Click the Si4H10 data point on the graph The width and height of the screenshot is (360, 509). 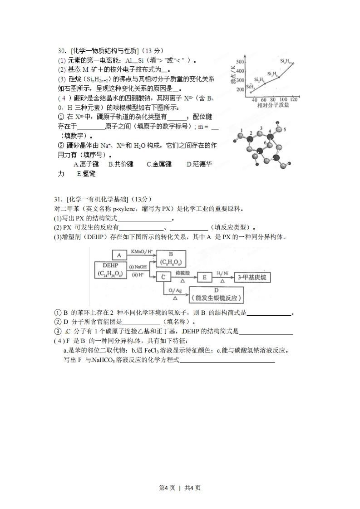(293, 64)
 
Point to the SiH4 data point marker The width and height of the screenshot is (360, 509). (251, 92)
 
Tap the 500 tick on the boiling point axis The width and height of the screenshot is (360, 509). (240, 62)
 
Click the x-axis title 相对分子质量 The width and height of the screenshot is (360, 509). (271, 105)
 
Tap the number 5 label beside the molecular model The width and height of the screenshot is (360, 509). (284, 129)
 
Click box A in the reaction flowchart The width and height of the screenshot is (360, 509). (119, 255)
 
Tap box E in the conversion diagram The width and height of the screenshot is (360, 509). (205, 277)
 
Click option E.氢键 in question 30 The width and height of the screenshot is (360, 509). (86, 173)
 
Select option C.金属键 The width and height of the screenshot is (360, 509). (159, 164)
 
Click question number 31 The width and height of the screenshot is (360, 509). (57, 199)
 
